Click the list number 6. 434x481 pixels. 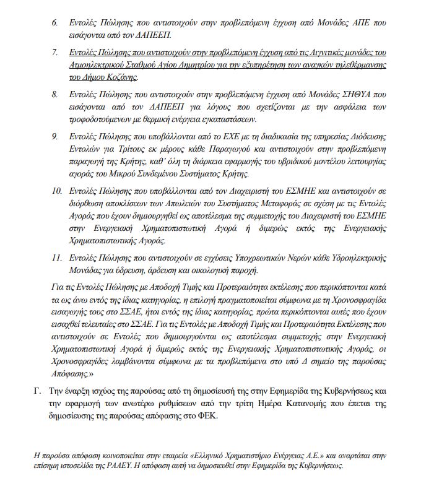click(x=54, y=24)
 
